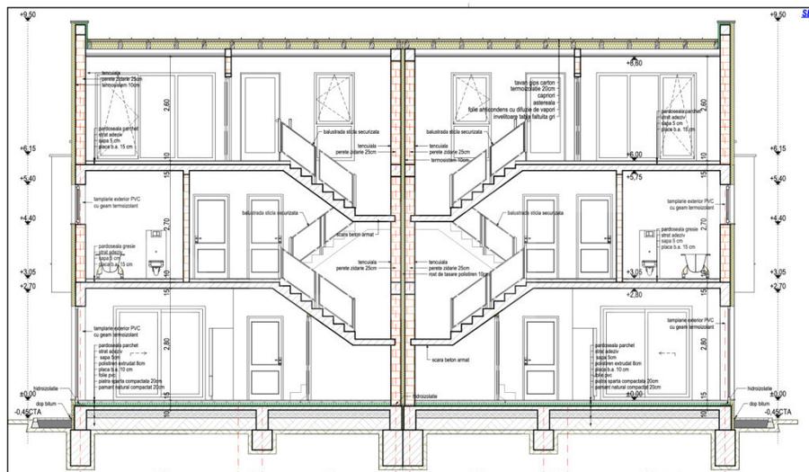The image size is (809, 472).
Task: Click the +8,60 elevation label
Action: click(635, 63)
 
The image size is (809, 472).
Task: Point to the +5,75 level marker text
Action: click(636, 177)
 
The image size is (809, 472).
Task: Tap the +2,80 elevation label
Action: click(636, 294)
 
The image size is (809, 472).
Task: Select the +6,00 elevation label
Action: click(636, 155)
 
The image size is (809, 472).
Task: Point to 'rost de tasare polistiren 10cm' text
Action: click(459, 273)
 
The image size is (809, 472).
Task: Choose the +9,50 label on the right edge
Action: click(778, 14)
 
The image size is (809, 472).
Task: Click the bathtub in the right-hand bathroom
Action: click(694, 263)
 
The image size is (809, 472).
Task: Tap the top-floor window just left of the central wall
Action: click(336, 101)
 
